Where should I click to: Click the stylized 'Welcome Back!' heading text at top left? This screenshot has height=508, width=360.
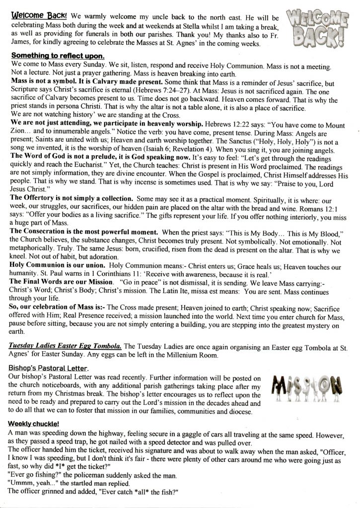31,16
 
